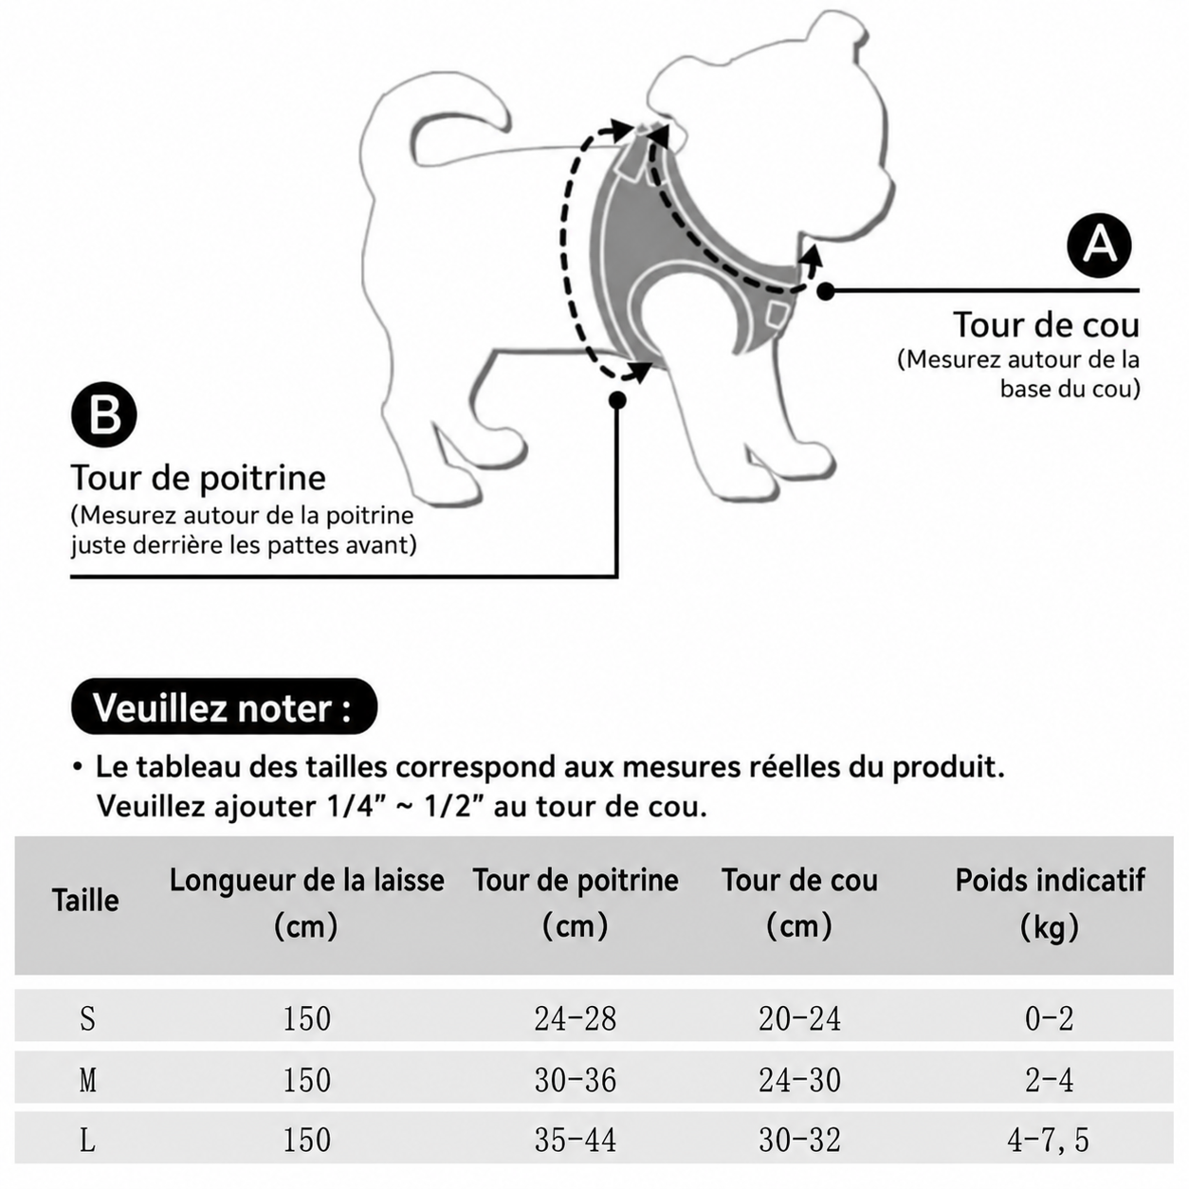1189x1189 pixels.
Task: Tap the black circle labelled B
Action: pos(104,414)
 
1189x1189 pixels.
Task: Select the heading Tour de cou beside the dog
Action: pos(1046,324)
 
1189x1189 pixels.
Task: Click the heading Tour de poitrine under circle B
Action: pos(198,478)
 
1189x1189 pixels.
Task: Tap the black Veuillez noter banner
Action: pos(224,706)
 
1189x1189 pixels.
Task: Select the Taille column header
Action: pos(85,901)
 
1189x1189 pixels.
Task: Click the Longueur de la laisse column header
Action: pos(306,902)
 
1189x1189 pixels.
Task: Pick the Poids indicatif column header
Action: pos(1050,902)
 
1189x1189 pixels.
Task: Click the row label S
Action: pos(87,1018)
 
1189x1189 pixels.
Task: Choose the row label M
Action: pos(87,1080)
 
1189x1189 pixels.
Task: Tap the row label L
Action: pos(87,1140)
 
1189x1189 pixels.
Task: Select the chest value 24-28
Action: pos(576,1018)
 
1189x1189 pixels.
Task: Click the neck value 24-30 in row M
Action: pos(799,1080)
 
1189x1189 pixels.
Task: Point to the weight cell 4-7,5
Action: pos(1049,1140)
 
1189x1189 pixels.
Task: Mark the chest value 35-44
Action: pos(576,1140)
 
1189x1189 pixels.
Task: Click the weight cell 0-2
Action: pos(1049,1018)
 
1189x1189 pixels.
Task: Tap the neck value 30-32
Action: pos(799,1140)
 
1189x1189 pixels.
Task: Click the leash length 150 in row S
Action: pos(306,1018)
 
